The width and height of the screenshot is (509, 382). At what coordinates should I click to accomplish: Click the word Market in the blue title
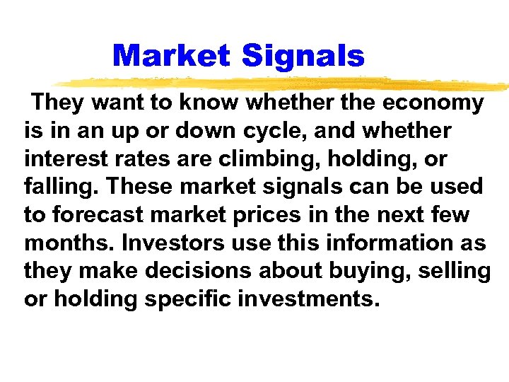(171, 56)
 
